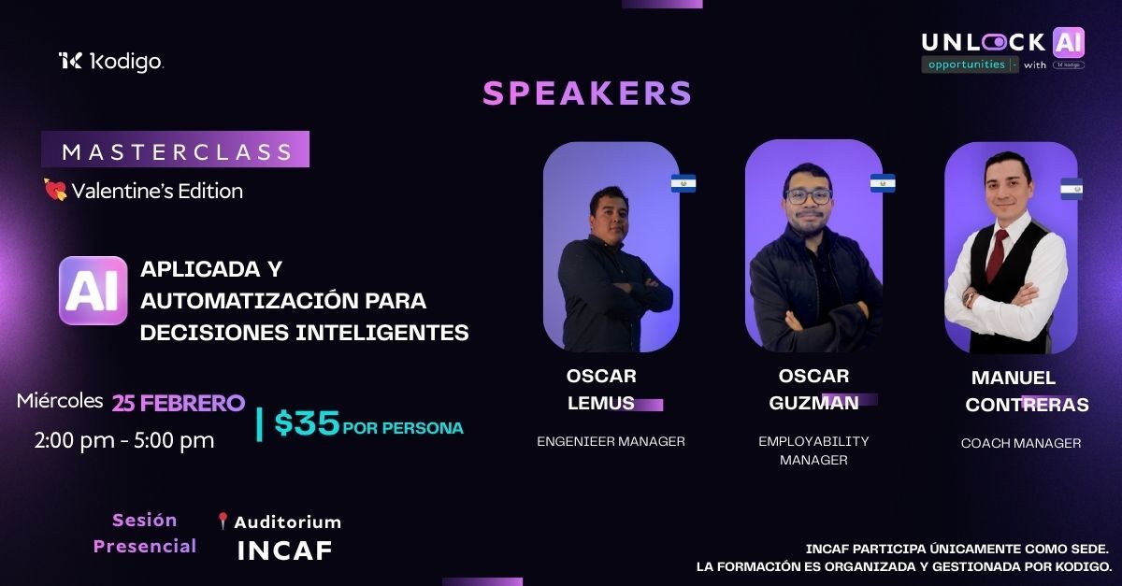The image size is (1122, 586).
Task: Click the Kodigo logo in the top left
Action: (110, 62)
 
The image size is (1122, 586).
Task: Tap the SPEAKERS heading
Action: (587, 93)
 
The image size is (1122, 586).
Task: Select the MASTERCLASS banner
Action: (176, 150)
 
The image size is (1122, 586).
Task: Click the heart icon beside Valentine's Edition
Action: (55, 191)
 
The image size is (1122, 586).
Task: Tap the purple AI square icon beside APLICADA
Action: (93, 291)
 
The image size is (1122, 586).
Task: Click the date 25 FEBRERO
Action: (179, 403)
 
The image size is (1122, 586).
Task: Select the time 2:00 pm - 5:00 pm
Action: (124, 439)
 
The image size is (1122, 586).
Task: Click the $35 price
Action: (307, 423)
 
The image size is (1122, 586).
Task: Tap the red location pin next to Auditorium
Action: (223, 522)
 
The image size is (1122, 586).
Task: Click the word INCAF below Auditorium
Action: (284, 550)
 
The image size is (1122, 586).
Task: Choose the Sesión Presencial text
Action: (145, 533)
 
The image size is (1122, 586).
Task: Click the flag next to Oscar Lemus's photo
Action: (683, 183)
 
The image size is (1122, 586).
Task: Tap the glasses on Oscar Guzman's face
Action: (808, 196)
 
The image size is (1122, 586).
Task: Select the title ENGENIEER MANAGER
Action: (611, 441)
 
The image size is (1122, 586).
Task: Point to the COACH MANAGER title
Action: (1021, 443)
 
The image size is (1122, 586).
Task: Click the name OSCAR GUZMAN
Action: (813, 389)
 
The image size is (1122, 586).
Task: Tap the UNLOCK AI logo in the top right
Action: (1002, 50)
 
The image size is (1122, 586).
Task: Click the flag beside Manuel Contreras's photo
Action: (1072, 189)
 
